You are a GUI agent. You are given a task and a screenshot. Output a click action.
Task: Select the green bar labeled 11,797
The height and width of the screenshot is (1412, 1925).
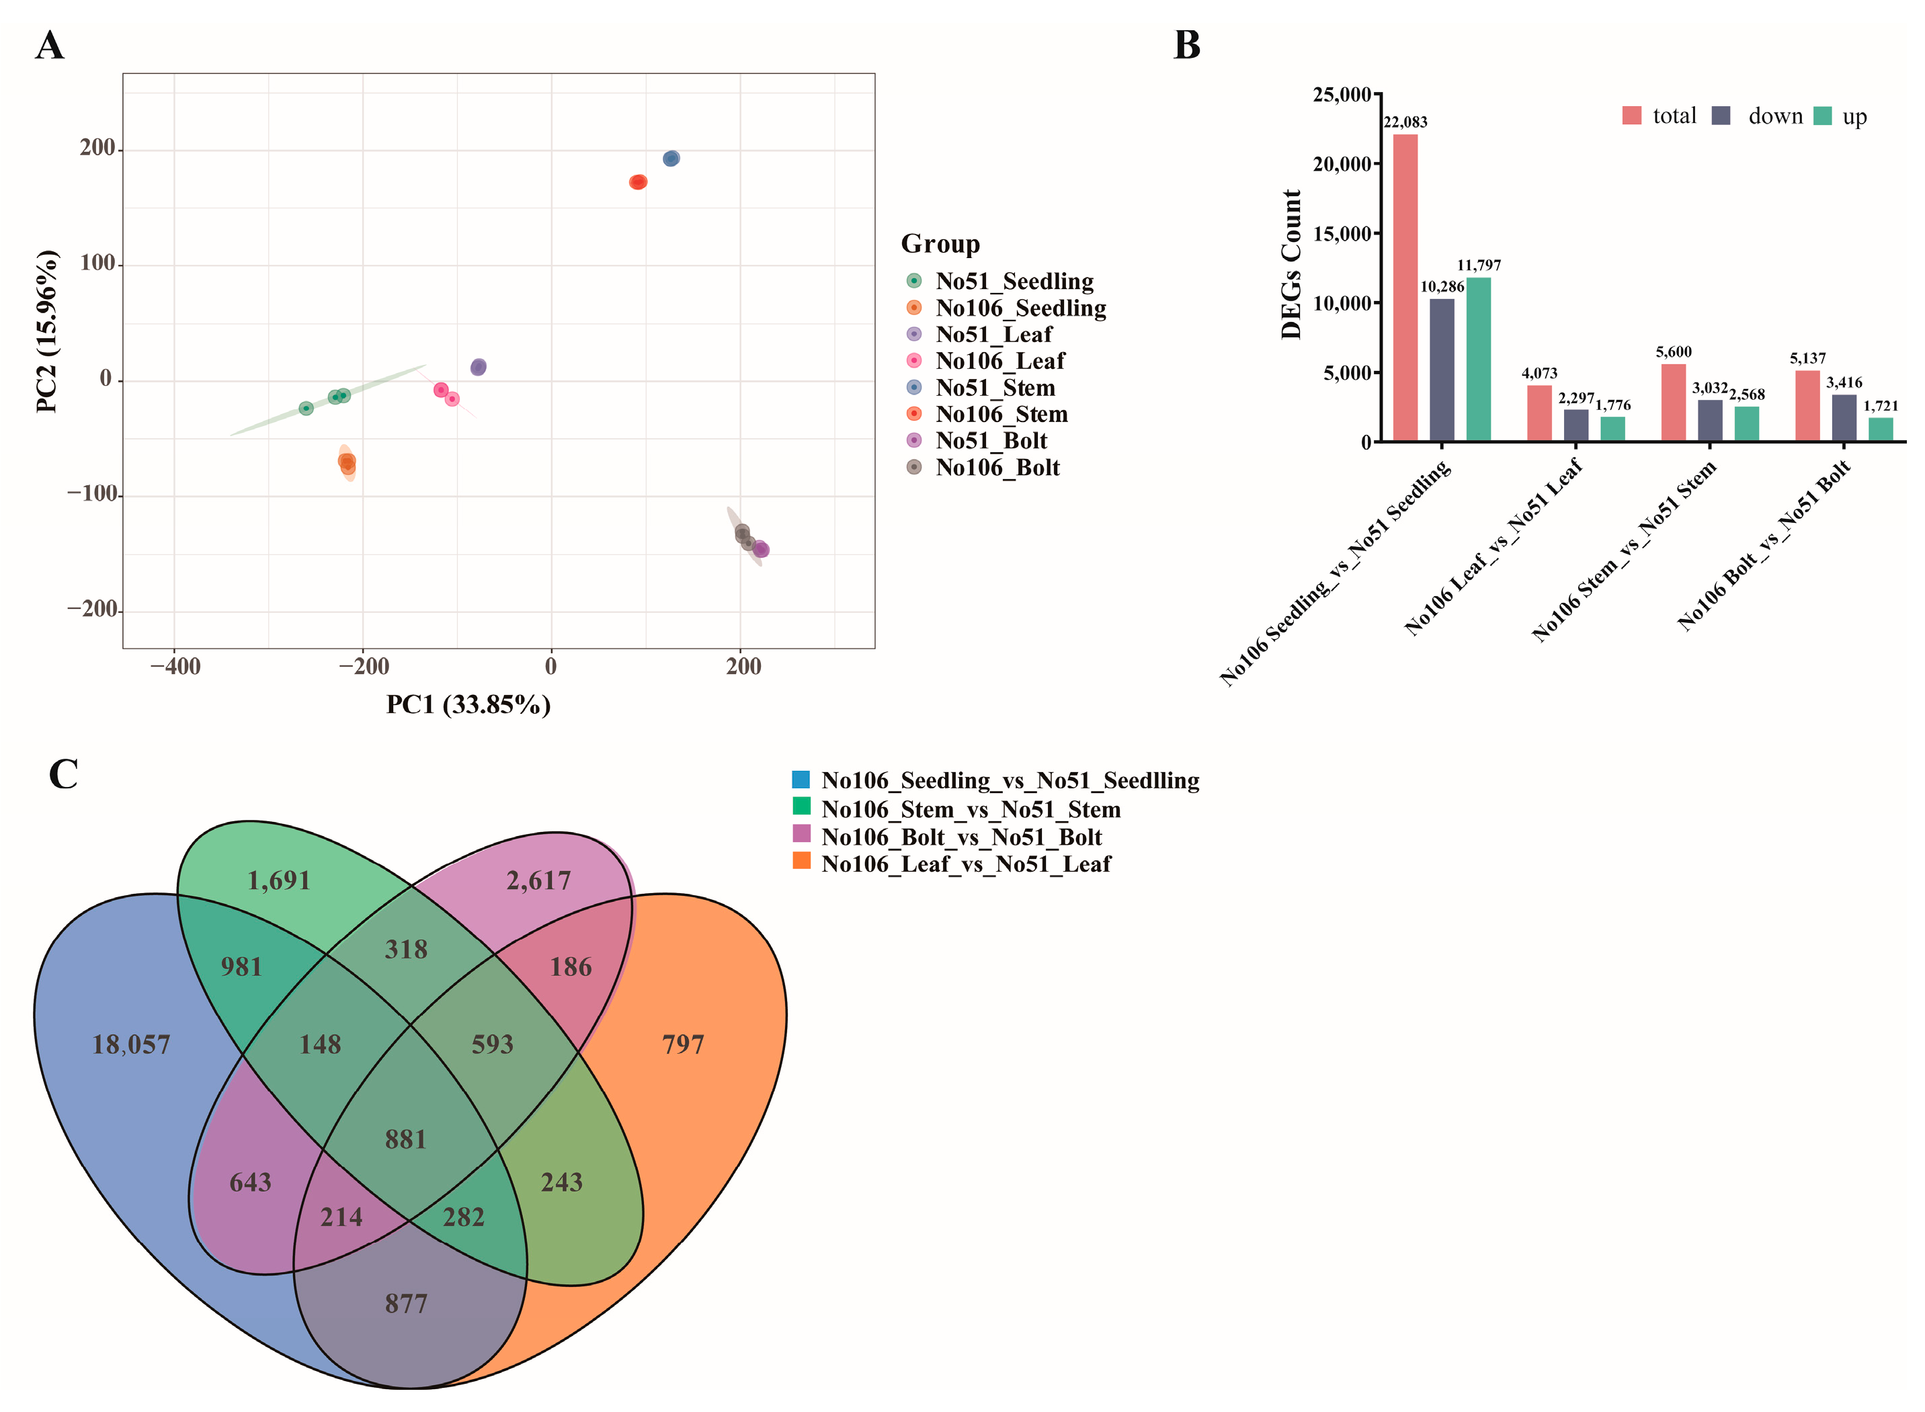(x=1478, y=359)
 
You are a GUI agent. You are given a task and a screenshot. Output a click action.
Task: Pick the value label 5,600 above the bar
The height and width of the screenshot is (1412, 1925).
(x=1673, y=352)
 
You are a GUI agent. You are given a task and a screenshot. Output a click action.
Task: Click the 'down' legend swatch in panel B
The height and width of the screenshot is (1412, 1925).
(x=1721, y=116)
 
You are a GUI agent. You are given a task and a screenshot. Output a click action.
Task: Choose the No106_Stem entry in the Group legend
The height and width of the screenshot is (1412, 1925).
(x=1001, y=415)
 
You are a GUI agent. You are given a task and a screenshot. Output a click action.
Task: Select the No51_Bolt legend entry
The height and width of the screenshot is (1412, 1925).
(x=991, y=441)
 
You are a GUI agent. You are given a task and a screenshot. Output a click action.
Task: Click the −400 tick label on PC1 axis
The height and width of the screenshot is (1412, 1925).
(x=175, y=667)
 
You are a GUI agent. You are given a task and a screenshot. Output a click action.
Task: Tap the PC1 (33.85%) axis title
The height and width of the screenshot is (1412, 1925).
(x=468, y=705)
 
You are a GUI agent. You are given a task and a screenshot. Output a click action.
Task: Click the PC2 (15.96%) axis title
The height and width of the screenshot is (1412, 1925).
(x=47, y=331)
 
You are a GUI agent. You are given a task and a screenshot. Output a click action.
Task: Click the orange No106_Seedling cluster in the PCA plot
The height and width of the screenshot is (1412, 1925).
(x=347, y=463)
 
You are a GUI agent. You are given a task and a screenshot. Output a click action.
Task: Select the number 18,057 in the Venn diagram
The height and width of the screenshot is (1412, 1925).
(x=131, y=1044)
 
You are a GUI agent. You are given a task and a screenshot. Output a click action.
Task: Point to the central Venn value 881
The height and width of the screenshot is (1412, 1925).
(x=405, y=1139)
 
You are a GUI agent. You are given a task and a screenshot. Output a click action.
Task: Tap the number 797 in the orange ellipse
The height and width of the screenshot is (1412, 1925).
(x=683, y=1044)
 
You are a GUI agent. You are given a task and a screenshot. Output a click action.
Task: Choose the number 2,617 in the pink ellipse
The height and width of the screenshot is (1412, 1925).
(x=538, y=880)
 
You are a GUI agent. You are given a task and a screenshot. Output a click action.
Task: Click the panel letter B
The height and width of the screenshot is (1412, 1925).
(x=1186, y=45)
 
